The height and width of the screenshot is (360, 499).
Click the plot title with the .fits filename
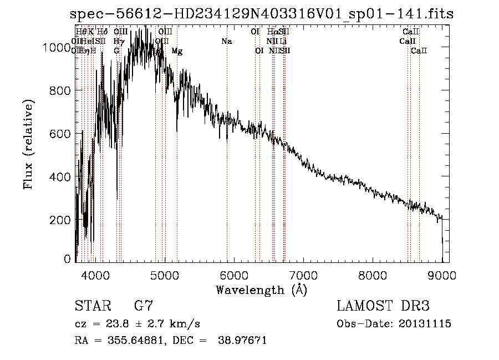262,13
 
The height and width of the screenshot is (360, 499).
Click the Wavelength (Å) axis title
261,290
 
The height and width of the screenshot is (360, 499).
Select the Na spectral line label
226,42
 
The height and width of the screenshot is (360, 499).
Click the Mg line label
177,51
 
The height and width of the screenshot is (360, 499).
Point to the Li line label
283,42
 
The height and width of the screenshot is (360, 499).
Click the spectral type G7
143,306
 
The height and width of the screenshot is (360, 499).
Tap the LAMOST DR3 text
383,306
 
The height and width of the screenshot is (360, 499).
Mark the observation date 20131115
426,324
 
